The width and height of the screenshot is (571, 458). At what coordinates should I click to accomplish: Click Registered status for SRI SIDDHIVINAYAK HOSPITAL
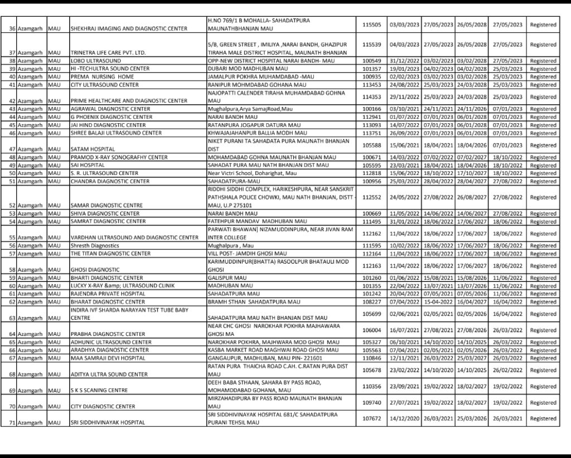tap(543, 418)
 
